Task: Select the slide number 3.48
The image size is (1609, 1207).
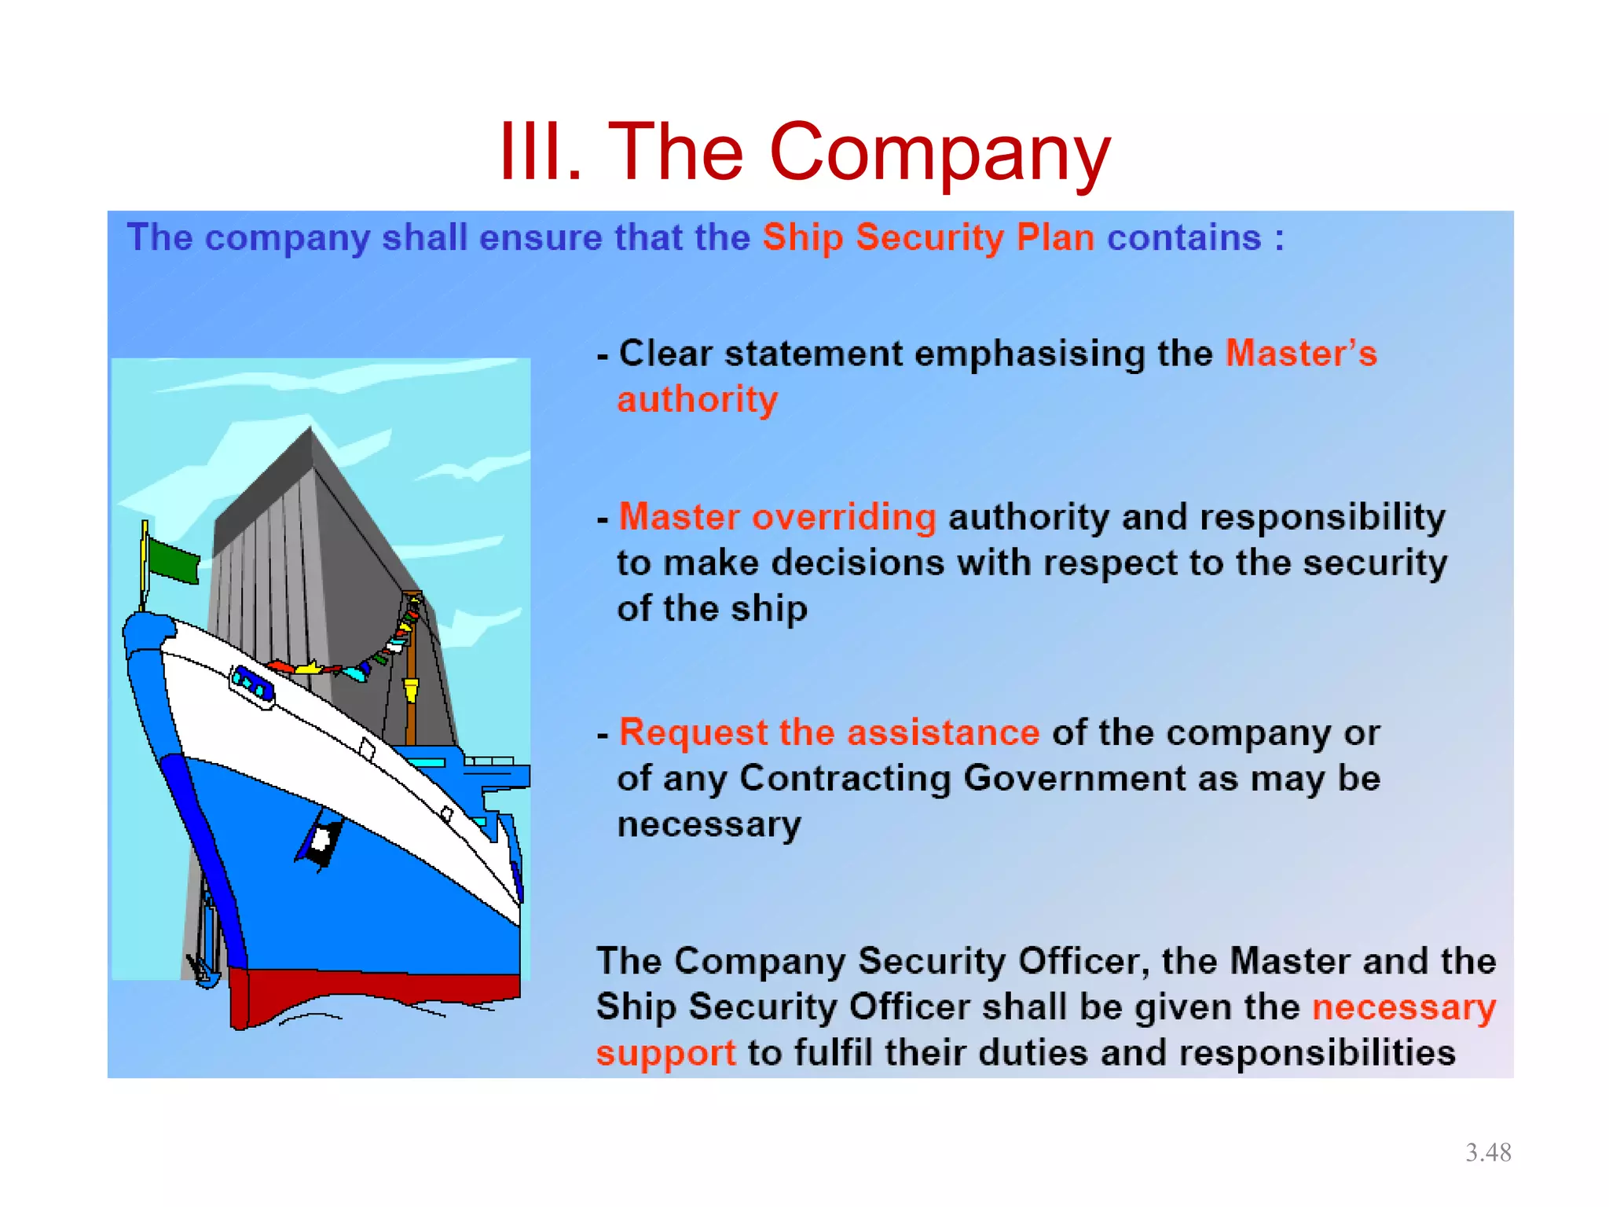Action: [x=1488, y=1152]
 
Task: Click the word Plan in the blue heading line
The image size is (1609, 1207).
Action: [x=1055, y=237]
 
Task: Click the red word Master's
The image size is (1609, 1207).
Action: [x=1301, y=354]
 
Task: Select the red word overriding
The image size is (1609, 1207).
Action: [x=844, y=517]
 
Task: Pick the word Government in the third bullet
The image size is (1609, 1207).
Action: [x=1074, y=778]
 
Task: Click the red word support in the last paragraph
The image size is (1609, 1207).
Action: [x=665, y=1053]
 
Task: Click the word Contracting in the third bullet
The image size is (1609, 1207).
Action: [x=845, y=778]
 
